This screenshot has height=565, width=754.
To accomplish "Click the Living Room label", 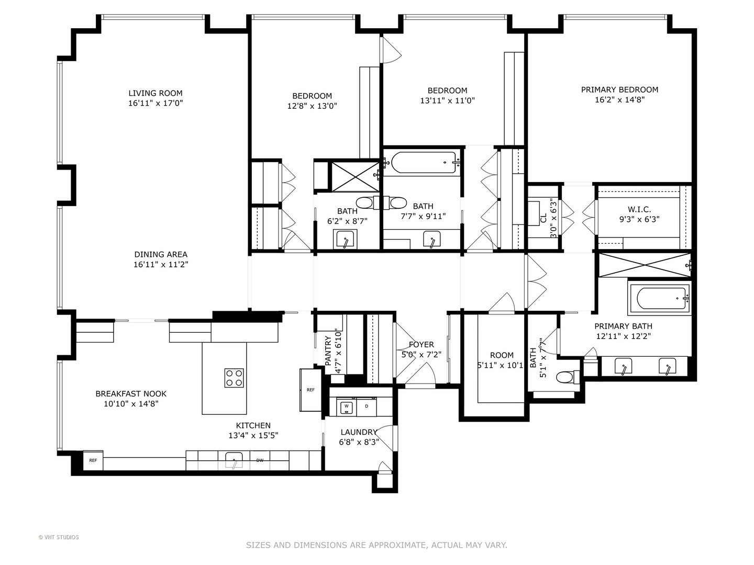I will point(156,93).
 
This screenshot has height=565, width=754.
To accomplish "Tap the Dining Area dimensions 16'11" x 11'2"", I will point(161,265).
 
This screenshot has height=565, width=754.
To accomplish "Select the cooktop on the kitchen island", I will point(234,378).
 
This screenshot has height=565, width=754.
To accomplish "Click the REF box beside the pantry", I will point(311,390).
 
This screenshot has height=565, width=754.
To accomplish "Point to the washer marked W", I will point(346,406).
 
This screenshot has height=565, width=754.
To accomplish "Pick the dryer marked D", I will point(367,406).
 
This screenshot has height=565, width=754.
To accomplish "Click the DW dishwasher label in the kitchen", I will point(260,460).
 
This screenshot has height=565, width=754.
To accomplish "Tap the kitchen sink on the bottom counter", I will point(234,461).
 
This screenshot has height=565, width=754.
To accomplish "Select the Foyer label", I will point(421,344).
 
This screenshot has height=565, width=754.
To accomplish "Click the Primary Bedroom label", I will point(619,89).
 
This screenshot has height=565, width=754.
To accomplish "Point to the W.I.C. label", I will point(639,209).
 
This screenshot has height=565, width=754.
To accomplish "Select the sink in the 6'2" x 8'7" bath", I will point(345,240).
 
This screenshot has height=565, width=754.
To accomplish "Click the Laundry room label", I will point(359,432).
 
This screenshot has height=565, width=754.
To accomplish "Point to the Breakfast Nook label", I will point(131,393).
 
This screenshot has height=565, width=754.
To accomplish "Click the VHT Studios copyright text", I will point(59,537).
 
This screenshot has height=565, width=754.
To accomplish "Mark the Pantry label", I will point(328,351).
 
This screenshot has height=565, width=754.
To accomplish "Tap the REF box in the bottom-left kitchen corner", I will point(93,460).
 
